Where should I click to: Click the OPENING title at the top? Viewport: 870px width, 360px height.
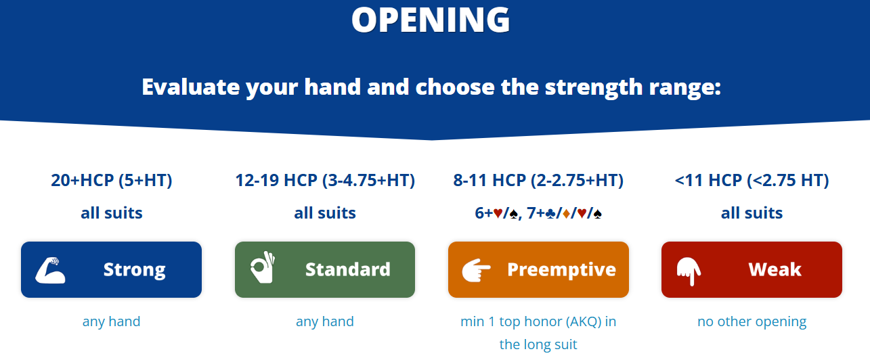[x=431, y=20]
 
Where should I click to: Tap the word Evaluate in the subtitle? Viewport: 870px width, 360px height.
[x=191, y=87]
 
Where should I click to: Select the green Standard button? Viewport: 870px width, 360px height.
[x=325, y=269]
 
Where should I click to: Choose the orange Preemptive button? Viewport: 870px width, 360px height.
[x=538, y=269]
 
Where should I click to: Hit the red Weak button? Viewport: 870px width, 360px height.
[x=752, y=269]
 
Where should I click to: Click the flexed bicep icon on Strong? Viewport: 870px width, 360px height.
[x=51, y=270]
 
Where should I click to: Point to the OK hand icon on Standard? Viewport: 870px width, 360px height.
[x=263, y=267]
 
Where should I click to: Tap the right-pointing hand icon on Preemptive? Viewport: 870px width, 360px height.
[x=476, y=270]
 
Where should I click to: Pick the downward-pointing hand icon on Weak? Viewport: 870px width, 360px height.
[x=689, y=271]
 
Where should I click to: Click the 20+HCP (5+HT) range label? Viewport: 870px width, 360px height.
[x=112, y=180]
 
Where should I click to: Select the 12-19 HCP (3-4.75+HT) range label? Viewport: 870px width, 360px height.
[x=325, y=180]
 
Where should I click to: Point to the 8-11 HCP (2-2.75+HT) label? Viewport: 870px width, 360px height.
[x=538, y=180]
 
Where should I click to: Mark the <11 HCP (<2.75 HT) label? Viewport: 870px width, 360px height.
[x=752, y=180]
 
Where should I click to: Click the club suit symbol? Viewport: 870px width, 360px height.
[x=550, y=214]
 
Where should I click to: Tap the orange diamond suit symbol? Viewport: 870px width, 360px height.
[x=566, y=214]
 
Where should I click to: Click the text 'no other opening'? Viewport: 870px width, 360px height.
[x=752, y=321]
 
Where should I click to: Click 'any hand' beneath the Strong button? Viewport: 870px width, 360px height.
[x=112, y=322]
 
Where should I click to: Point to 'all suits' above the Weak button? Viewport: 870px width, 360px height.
[x=752, y=212]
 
